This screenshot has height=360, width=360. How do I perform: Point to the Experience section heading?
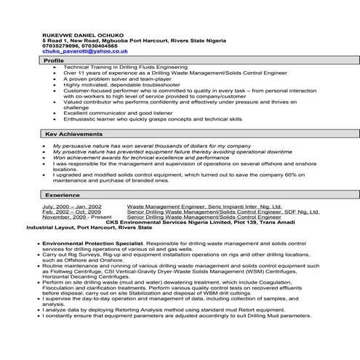click(x=62, y=195)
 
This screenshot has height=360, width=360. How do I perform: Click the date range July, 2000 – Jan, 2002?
click(x=72, y=207)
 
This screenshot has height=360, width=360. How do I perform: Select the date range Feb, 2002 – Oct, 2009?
click(x=72, y=212)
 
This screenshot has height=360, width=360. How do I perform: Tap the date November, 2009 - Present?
click(x=75, y=217)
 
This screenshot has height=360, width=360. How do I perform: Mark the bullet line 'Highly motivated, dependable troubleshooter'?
click(x=112, y=84)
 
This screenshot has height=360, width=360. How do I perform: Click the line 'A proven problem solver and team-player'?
click(x=109, y=79)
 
